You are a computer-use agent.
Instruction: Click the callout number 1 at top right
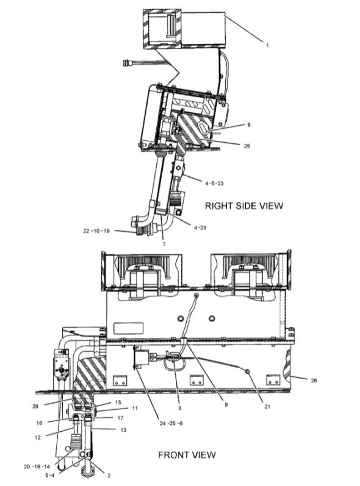point(267,43)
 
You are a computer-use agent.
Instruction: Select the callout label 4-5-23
point(214,181)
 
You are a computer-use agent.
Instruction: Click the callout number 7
point(164,244)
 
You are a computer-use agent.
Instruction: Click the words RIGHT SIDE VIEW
point(243,205)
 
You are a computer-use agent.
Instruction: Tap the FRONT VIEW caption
point(187,454)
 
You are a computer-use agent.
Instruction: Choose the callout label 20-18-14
point(37,466)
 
